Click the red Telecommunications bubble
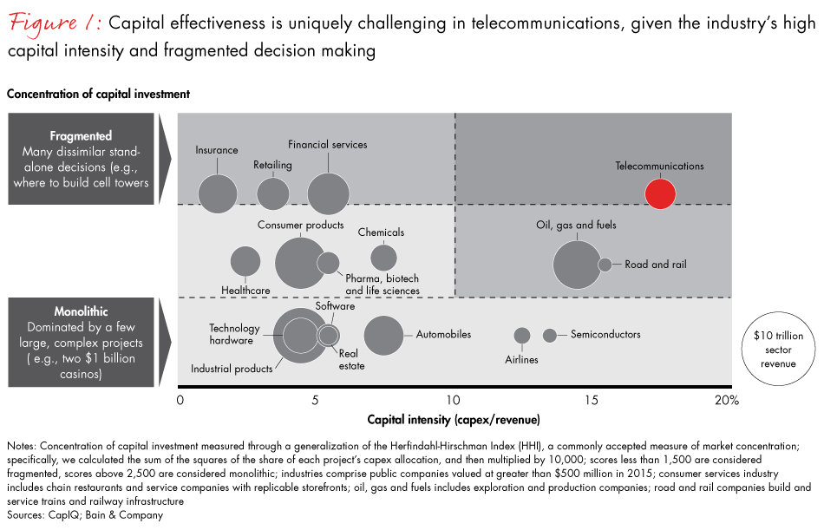660,193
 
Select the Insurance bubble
217,193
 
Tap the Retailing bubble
273,193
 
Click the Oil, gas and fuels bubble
576,265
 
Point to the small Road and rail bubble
605,265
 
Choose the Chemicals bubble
383,258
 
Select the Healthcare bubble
245,261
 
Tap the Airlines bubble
521,335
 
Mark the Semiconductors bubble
549,335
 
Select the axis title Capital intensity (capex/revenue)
454,420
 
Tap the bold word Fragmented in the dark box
81,136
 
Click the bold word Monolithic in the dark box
80,311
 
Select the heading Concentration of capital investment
98,93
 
